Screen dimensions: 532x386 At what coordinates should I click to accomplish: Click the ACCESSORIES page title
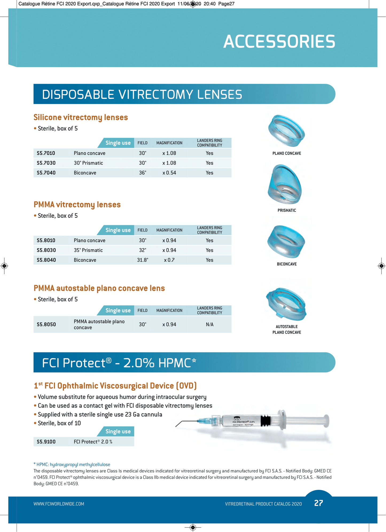pos(279,42)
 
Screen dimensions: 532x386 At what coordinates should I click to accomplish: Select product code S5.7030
pos(46,163)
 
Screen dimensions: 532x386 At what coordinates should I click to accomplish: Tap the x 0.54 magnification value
pos(169,173)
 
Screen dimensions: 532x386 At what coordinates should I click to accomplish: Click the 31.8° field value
pos(143,260)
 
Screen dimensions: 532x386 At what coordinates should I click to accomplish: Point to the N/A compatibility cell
pos(210,324)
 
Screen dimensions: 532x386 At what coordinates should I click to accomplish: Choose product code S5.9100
pos(46,442)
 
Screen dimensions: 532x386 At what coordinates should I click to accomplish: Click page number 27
pos(319,503)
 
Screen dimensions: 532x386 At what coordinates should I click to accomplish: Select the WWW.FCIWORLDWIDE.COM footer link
pos(59,504)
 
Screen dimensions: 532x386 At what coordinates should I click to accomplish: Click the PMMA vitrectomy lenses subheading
pos(77,205)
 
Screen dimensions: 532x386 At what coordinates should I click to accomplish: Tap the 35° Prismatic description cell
pos(88,250)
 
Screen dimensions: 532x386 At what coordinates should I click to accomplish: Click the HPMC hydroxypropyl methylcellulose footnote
pos(72,465)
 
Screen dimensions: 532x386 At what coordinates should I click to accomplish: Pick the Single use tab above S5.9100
pos(118,432)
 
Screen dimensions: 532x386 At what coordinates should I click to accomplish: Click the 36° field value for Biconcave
pos(143,173)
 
